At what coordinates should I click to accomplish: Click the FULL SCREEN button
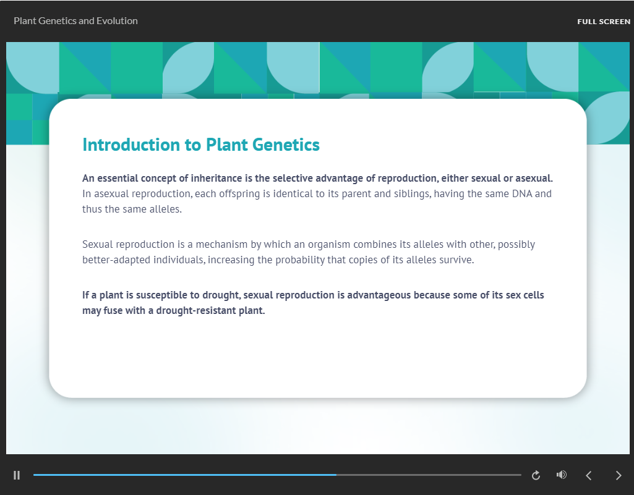pos(604,22)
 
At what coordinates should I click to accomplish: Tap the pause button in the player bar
pos(17,475)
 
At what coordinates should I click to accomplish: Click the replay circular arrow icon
pos(536,475)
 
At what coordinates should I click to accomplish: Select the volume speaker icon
pos(561,475)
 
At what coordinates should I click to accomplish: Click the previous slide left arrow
pos(589,475)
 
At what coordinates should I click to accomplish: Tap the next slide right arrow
pos(619,475)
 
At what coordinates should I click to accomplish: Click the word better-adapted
pos(113,260)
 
